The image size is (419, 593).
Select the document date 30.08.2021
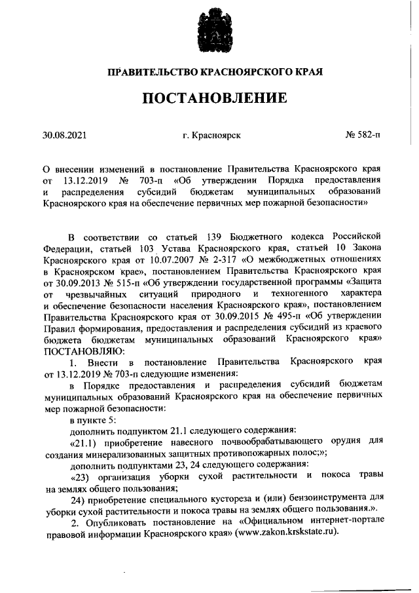point(65,136)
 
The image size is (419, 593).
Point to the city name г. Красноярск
point(212,136)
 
